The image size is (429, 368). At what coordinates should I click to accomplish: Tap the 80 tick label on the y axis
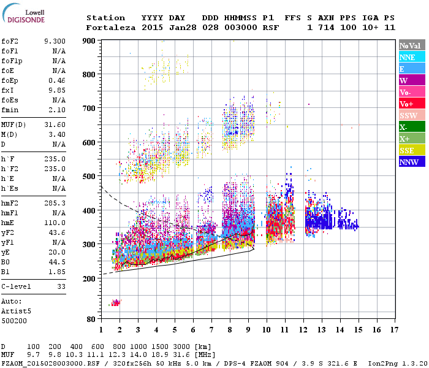pos(91,320)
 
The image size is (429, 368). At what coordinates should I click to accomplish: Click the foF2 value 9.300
pos(55,41)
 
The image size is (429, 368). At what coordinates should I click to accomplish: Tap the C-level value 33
pos(61,286)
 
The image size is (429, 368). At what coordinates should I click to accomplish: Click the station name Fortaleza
pos(111,28)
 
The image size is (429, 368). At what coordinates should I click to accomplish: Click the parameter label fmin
pos(10,110)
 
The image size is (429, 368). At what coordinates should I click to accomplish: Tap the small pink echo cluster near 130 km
pos(115,303)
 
